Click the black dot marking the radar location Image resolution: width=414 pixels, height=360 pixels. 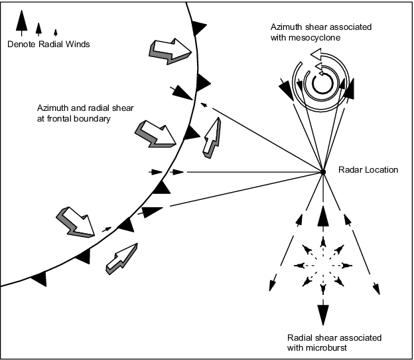(x=322, y=172)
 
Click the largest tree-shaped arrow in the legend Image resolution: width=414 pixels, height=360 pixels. (x=22, y=23)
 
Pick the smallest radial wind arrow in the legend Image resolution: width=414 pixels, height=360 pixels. (x=56, y=33)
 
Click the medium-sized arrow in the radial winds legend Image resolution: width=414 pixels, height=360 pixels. (x=38, y=29)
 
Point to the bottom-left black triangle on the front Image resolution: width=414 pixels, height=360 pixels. (x=40, y=278)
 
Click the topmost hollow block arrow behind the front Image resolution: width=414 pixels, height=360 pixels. (x=171, y=51)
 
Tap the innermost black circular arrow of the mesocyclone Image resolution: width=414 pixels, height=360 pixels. (x=322, y=82)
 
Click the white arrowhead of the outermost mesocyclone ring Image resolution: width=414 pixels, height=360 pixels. (x=316, y=54)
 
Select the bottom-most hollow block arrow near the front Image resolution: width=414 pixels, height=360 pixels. (x=121, y=259)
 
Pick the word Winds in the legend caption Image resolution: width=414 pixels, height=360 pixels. (x=78, y=44)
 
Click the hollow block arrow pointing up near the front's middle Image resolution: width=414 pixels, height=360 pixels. (x=212, y=138)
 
